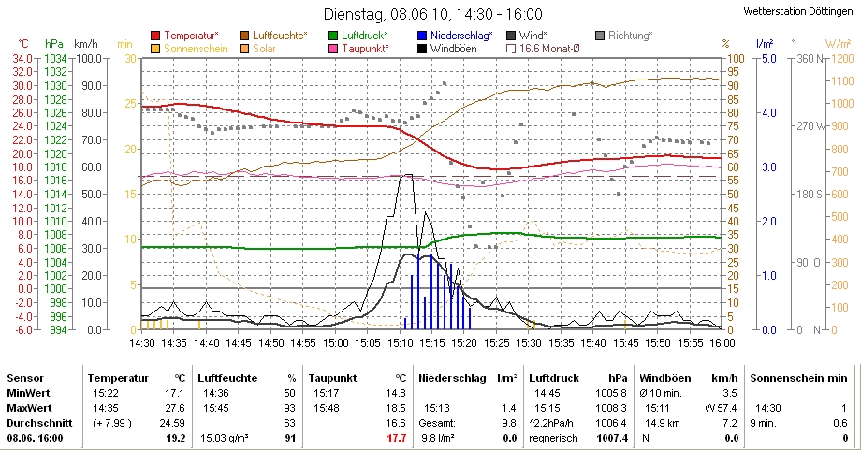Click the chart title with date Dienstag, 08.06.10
click(x=431, y=14)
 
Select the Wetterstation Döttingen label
click(x=799, y=11)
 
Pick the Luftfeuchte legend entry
click(x=286, y=36)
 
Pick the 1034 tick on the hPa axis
click(x=55, y=58)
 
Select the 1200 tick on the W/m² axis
click(x=838, y=58)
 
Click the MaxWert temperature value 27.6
click(x=177, y=408)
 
